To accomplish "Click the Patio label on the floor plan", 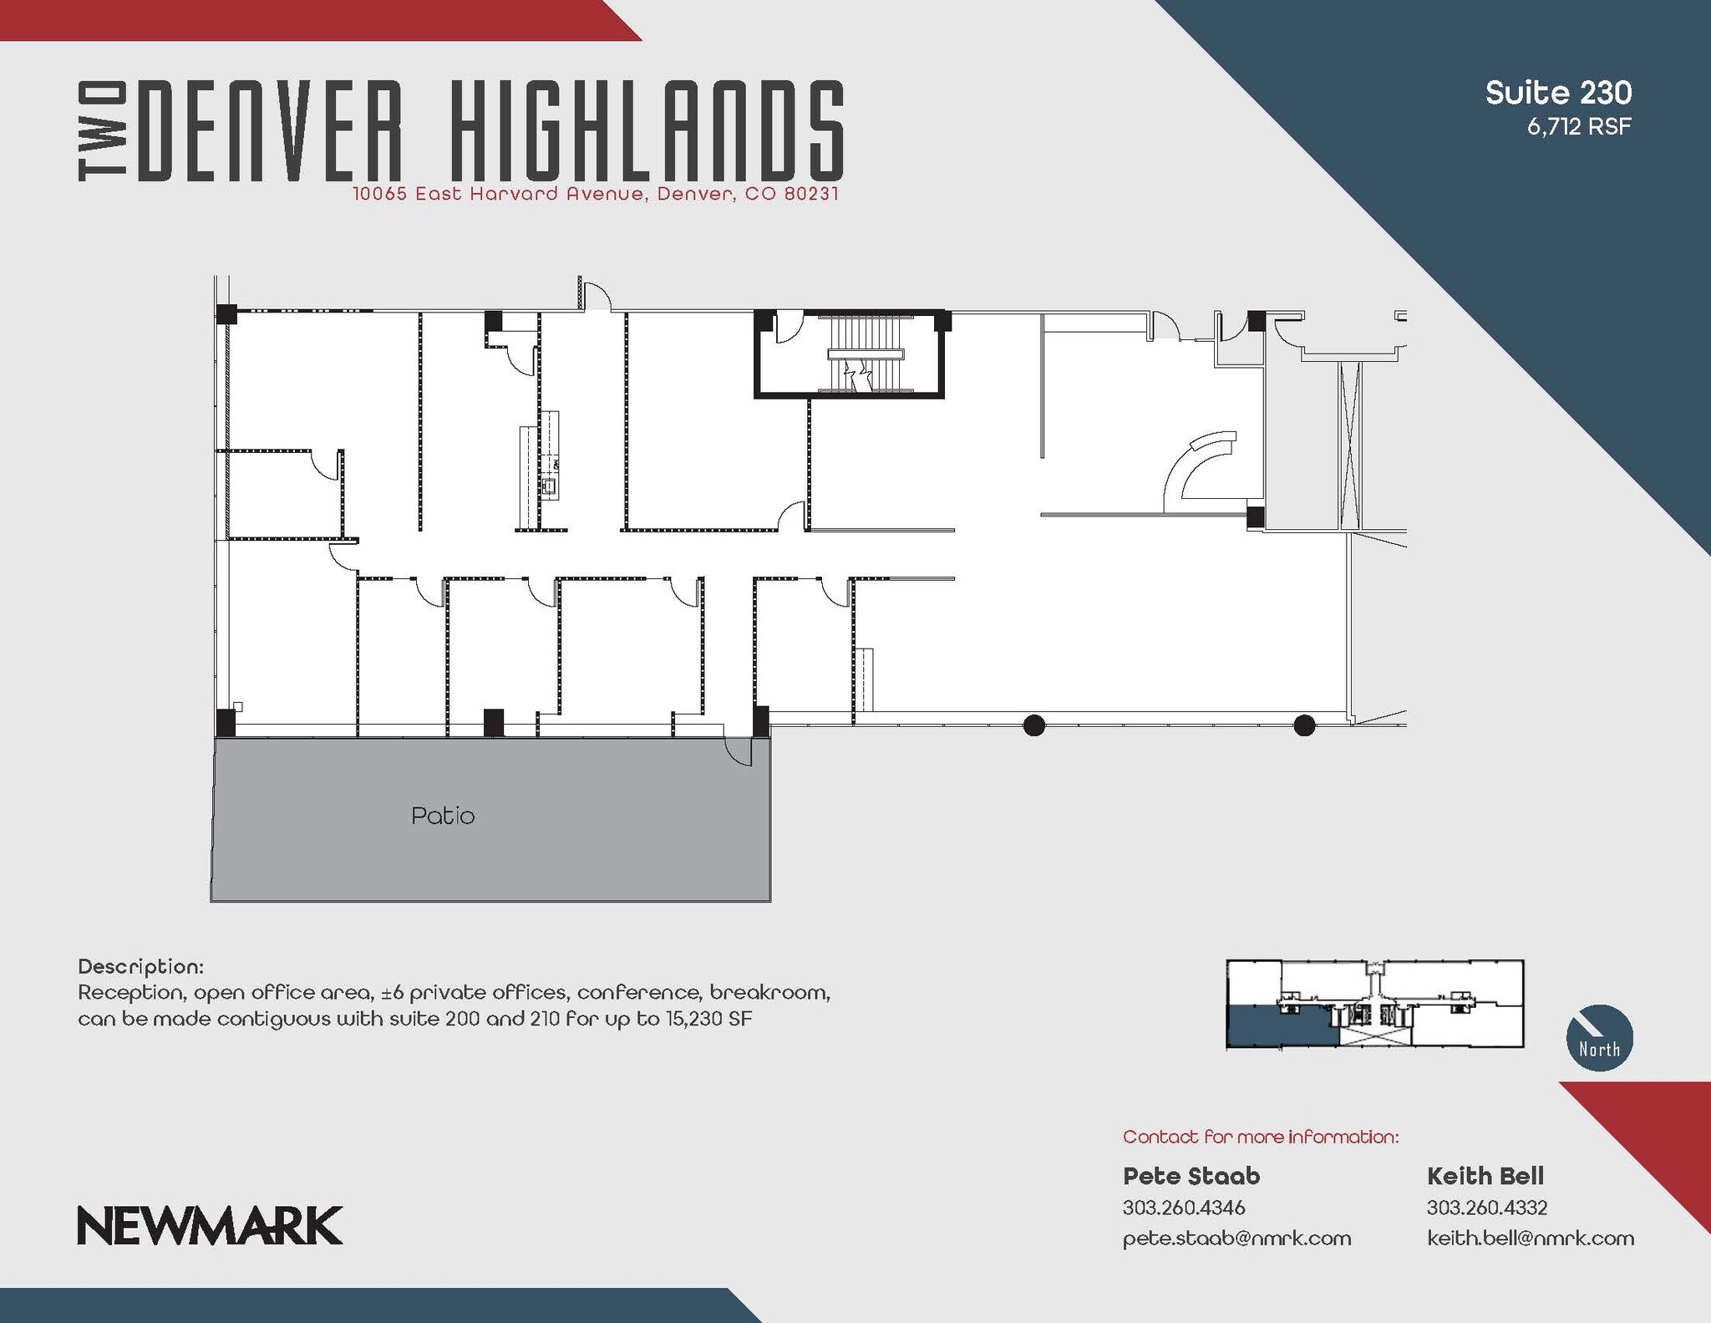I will pyautogui.click(x=443, y=816).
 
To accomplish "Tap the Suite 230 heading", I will pyautogui.click(x=1558, y=93).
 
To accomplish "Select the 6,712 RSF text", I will pyautogui.click(x=1579, y=127).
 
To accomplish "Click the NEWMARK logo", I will pyautogui.click(x=210, y=1225).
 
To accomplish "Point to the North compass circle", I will pyautogui.click(x=1599, y=1037).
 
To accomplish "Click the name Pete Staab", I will pyautogui.click(x=1191, y=1176).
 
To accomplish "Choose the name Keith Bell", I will pyautogui.click(x=1485, y=1176).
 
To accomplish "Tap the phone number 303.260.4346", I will pyautogui.click(x=1183, y=1208).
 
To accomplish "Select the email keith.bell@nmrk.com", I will pyautogui.click(x=1530, y=1238).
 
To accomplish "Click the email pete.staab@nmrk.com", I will pyautogui.click(x=1236, y=1238).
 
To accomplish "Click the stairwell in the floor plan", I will pyautogui.click(x=864, y=354).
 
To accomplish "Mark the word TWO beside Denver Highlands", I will pyautogui.click(x=102, y=131).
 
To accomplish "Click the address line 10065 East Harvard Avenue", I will pyautogui.click(x=595, y=194).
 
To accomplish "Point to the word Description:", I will pyautogui.click(x=140, y=967).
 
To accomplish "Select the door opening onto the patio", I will pyautogui.click(x=739, y=751).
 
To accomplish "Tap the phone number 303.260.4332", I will pyautogui.click(x=1486, y=1208).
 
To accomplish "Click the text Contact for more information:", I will pyautogui.click(x=1260, y=1137).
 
